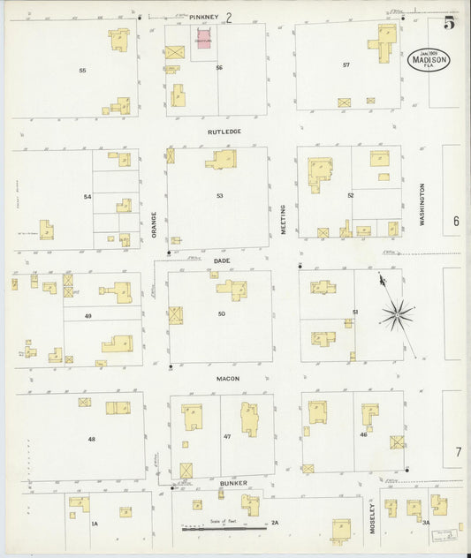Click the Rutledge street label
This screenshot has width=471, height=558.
click(x=224, y=132)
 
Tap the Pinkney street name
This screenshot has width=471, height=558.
click(x=203, y=17)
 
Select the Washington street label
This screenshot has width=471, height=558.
click(x=423, y=206)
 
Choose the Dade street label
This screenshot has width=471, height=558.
click(x=221, y=260)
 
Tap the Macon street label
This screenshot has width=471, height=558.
click(x=228, y=378)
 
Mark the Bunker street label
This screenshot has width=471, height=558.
click(x=232, y=484)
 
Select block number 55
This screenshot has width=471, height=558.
click(x=82, y=70)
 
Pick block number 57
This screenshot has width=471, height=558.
click(x=346, y=65)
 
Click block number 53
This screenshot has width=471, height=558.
click(x=220, y=195)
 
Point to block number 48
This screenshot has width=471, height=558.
click(x=91, y=439)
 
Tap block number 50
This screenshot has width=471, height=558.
click(x=222, y=313)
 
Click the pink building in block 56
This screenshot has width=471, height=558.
click(x=203, y=38)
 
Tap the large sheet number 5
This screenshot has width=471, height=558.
click(x=449, y=23)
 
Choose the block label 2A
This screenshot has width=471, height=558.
click(x=275, y=524)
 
